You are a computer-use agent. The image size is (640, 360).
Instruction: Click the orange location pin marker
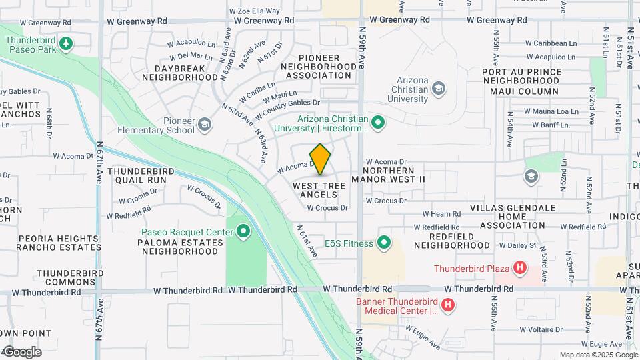pos(321,159)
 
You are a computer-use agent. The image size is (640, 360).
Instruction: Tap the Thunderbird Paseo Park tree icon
pos(65,44)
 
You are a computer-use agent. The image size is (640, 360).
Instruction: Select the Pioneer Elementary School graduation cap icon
pos(205,124)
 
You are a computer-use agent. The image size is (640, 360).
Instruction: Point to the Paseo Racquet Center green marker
pos(243,232)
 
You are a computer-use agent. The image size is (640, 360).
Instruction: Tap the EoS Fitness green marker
pos(384,243)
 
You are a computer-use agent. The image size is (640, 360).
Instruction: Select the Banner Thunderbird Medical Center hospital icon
pos(448,305)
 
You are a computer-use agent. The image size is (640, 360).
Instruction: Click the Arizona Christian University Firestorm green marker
pos(378,122)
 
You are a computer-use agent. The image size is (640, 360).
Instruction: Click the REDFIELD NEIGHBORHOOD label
pos(451,241)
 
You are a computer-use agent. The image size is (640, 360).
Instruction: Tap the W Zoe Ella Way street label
pos(254,11)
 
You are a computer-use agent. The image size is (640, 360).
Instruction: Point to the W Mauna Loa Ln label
pos(551,111)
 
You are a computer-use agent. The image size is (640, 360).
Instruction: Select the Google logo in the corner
pos(22,352)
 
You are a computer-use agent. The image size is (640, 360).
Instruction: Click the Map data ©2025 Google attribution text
pos(598,355)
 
